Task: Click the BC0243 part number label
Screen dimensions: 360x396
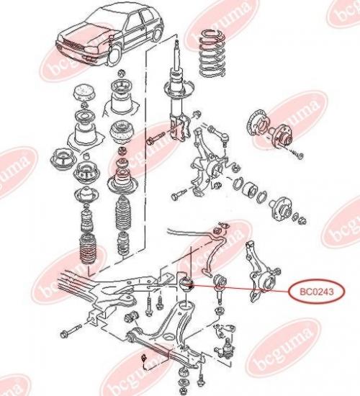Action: (317, 292)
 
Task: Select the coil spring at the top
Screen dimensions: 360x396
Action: (212, 53)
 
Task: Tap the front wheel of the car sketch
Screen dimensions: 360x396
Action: (114, 55)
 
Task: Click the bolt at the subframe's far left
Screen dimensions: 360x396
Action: (71, 330)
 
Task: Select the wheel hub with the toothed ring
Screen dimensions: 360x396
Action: (270, 130)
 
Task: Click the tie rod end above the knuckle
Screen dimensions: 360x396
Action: (219, 134)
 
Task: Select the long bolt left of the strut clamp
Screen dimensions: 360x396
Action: (156, 138)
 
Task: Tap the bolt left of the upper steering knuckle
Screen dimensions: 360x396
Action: (179, 194)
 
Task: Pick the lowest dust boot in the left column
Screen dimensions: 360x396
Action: (88, 249)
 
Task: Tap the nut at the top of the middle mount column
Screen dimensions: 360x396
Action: (122, 73)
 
